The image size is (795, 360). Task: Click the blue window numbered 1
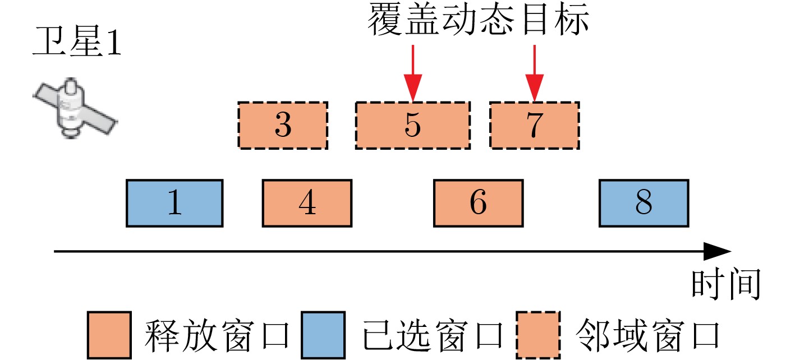pos(174,203)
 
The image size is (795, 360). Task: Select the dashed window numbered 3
pos(283,126)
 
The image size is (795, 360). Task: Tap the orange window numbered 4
pos(307,203)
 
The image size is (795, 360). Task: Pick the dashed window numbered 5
pos(413,126)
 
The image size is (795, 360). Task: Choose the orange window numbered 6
pos(478,203)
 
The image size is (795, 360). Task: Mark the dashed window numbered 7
pos(534,126)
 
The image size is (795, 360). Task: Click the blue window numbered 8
pos(644,203)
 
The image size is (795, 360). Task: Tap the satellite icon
pos(73,108)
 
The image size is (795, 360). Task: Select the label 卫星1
pos(77,45)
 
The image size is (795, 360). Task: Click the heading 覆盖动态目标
pos(478,21)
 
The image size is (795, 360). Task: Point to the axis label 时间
pos(725,284)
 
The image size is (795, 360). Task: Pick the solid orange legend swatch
pos(109,335)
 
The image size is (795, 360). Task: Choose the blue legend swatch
pos(323,335)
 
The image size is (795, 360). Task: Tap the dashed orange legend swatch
pos(538,335)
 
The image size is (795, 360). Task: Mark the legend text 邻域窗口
pos(646,335)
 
